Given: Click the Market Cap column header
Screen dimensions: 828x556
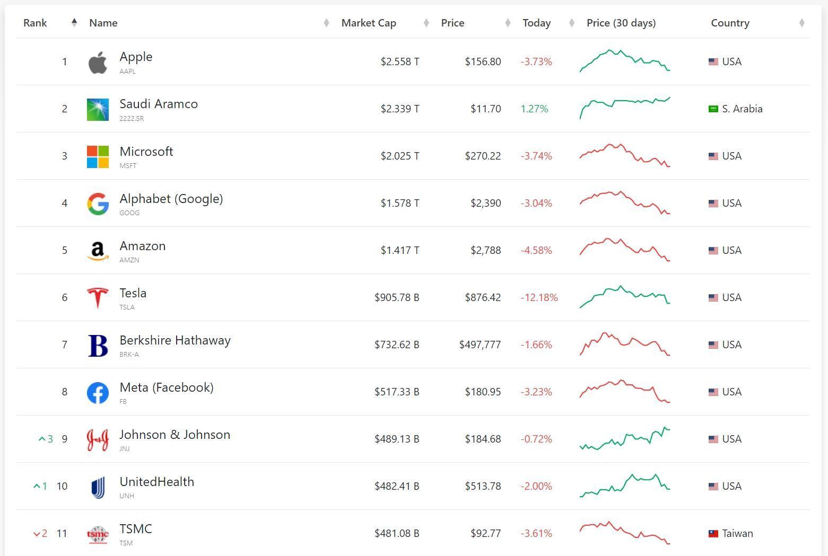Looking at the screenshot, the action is (369, 23).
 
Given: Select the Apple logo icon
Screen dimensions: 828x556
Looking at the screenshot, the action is (98, 63).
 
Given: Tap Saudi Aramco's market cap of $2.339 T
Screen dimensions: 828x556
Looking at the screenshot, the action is (400, 109).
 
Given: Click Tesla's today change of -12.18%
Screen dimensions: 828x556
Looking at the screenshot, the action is (539, 297).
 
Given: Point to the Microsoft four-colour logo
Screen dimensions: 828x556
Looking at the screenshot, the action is (98, 157).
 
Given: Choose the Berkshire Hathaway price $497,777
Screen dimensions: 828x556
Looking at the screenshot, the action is (480, 345).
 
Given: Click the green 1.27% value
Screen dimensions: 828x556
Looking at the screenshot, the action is (534, 109).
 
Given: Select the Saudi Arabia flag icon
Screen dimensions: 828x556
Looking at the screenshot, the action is (713, 109).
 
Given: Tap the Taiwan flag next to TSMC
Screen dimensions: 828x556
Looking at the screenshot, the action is (713, 533).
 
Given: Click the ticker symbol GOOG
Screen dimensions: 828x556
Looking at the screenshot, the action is (129, 213).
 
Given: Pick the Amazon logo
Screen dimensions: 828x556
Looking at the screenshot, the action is (98, 251).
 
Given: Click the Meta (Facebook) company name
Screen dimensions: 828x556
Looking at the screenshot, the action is (167, 387).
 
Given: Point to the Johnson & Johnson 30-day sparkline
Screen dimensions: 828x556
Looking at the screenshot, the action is (625, 438).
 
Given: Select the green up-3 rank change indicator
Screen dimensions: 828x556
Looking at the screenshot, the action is (46, 439).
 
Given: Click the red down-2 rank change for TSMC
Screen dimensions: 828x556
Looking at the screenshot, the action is (40, 533).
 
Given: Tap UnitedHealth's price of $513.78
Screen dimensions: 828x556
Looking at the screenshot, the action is (483, 486).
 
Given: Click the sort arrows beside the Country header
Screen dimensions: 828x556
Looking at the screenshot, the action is (802, 23).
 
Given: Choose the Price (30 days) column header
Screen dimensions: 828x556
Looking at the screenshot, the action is (621, 23).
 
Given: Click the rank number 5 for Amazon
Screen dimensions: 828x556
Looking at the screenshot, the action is (65, 251).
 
